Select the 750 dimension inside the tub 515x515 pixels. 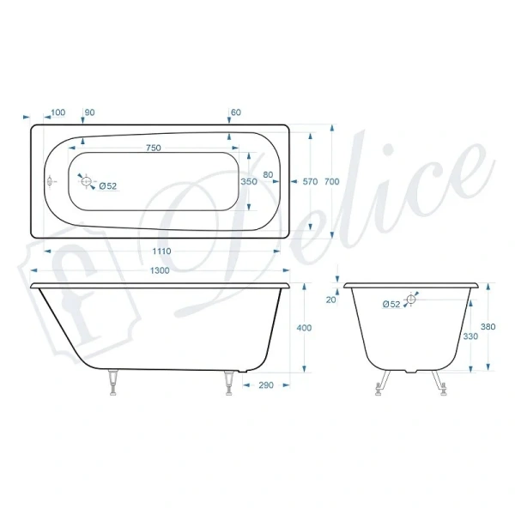tap(153, 148)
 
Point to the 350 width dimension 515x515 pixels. tap(249, 182)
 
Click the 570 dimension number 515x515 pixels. tap(311, 182)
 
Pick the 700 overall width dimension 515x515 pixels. tap(333, 181)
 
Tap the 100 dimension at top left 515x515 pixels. tap(59, 112)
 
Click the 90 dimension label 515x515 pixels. tap(90, 112)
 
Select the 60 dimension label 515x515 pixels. tap(236, 112)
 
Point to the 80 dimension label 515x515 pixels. tap(269, 175)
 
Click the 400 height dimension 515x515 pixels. tap(303, 328)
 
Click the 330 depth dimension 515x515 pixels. tap(470, 336)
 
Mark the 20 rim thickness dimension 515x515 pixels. tap(331, 300)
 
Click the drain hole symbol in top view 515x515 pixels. tap(86, 180)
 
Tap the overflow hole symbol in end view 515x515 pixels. tap(410, 300)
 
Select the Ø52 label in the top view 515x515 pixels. tap(108, 185)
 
